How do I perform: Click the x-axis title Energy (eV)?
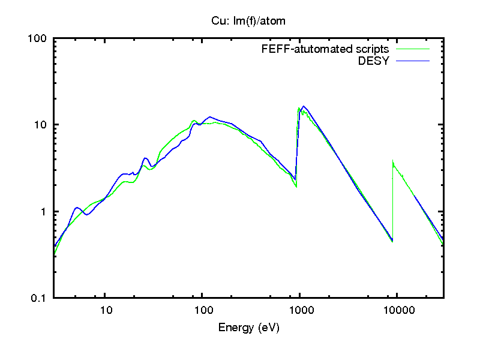pos(248,328)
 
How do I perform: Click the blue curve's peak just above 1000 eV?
pos(304,106)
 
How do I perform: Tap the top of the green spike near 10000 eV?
pos(392,161)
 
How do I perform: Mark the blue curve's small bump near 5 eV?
pos(77,208)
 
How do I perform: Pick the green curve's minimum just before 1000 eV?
pos(296,187)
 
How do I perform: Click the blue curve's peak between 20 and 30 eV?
pos(145,158)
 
